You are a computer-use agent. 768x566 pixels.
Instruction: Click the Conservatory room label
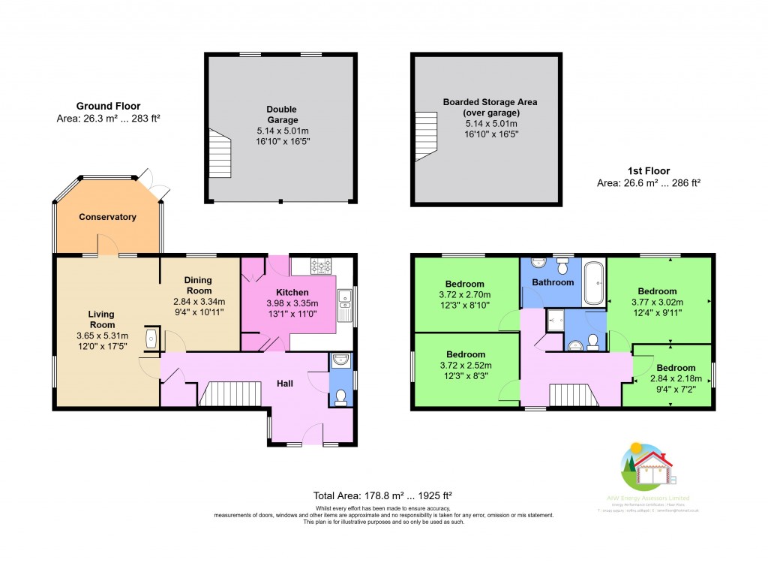(108, 217)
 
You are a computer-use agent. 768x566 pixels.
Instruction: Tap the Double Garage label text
(282, 114)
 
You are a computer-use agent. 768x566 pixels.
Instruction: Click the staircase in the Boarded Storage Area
(426, 137)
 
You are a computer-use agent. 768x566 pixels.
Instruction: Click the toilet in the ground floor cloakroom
(341, 396)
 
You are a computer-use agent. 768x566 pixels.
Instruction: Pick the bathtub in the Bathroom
(593, 283)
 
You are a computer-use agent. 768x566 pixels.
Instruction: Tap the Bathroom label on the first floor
(553, 282)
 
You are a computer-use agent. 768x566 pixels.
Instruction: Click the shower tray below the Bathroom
(556, 319)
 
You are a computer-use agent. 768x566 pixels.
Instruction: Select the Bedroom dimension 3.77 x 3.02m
(657, 302)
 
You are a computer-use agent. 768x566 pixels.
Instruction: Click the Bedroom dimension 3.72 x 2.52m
(466, 365)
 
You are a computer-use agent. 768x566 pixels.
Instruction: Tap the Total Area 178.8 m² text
(382, 495)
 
